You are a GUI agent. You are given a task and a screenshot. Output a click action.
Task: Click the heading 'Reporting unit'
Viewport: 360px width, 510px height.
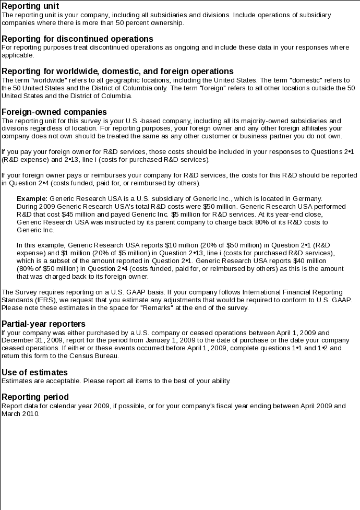(x=30, y=6)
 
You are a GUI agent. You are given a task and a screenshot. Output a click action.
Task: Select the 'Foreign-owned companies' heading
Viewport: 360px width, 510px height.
(x=54, y=112)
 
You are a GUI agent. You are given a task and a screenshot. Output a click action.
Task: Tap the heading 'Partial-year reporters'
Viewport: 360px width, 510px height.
(x=43, y=324)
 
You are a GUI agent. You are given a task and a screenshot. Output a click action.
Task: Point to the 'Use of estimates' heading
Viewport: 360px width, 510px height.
(x=35, y=372)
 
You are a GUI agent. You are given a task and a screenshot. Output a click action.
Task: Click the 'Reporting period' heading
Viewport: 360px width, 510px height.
(x=35, y=397)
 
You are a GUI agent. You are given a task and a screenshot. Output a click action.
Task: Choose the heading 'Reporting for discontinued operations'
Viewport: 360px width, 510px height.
(x=77, y=39)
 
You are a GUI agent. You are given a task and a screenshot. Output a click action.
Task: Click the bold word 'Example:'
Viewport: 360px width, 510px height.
(x=32, y=199)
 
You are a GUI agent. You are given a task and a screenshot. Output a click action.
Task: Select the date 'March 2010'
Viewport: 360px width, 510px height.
(x=20, y=413)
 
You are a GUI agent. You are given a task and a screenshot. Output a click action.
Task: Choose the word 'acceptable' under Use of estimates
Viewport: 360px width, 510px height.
(x=57, y=381)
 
